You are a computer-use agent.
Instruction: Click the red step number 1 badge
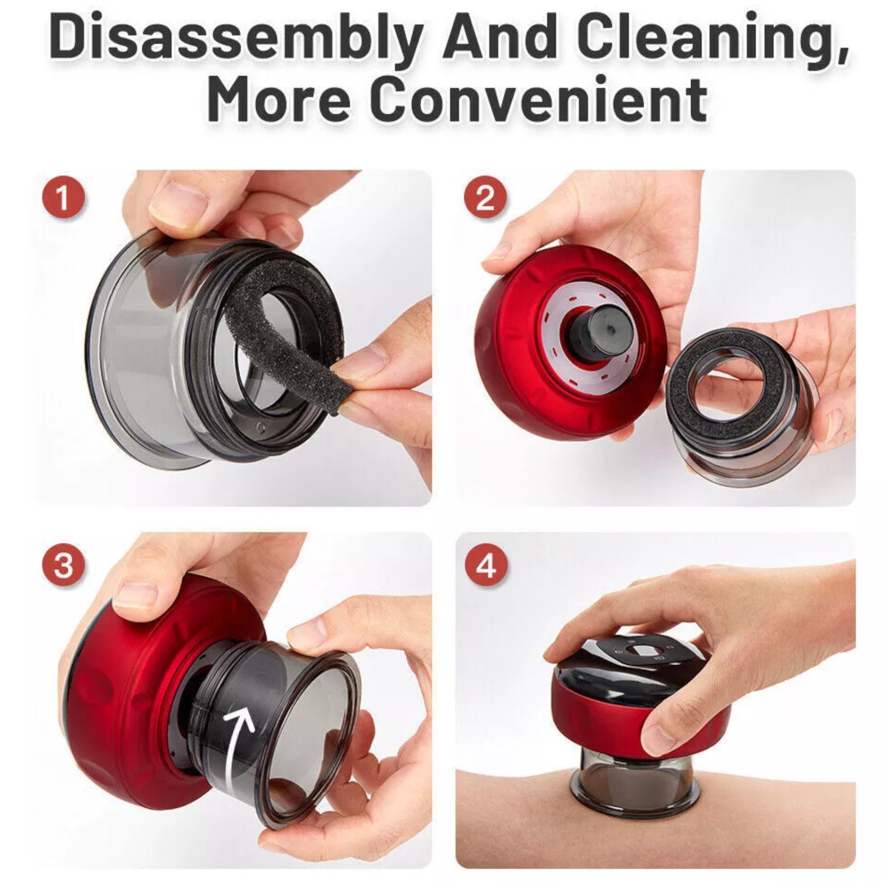click(63, 201)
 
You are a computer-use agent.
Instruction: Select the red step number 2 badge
click(485, 200)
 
